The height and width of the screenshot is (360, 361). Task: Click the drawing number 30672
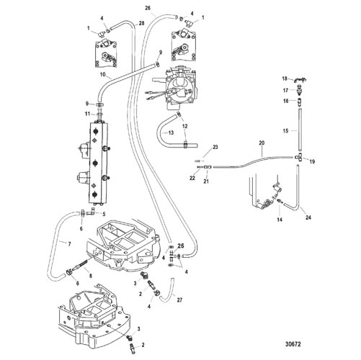coord(293,344)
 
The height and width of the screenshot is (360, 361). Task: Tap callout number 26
coord(148,8)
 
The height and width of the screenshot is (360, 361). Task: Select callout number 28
coord(141,23)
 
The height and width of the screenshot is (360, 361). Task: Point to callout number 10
coord(103,74)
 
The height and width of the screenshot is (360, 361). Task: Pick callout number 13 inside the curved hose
coord(171,132)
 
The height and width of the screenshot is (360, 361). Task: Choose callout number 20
coord(262,143)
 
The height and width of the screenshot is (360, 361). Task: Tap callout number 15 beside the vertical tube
coord(285,131)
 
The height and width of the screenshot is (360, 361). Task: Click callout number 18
coord(285,78)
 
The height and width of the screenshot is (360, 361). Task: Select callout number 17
coord(285,91)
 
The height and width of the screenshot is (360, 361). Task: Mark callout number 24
coord(308,217)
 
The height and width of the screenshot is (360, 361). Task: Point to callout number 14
coord(280,220)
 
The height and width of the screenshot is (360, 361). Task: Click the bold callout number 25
coord(181,246)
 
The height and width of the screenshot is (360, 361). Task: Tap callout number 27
coord(179,300)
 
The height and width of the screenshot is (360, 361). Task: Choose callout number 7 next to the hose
coord(69,244)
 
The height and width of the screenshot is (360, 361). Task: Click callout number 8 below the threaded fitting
coord(91,276)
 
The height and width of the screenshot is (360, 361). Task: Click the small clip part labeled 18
coord(298,79)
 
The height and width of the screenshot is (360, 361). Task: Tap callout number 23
coord(215,147)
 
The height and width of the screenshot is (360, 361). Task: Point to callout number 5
coord(104,214)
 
